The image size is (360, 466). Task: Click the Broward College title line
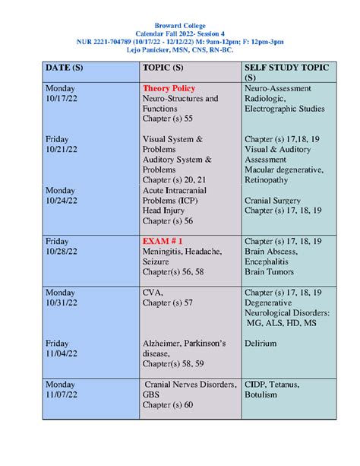pyautogui.click(x=180, y=27)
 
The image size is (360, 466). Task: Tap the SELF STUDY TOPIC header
pyautogui.click(x=286, y=68)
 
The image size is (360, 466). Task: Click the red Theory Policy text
pyautogui.click(x=169, y=89)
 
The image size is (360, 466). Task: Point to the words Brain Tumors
pyautogui.click(x=275, y=271)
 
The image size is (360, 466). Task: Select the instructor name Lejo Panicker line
pyautogui.click(x=180, y=47)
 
